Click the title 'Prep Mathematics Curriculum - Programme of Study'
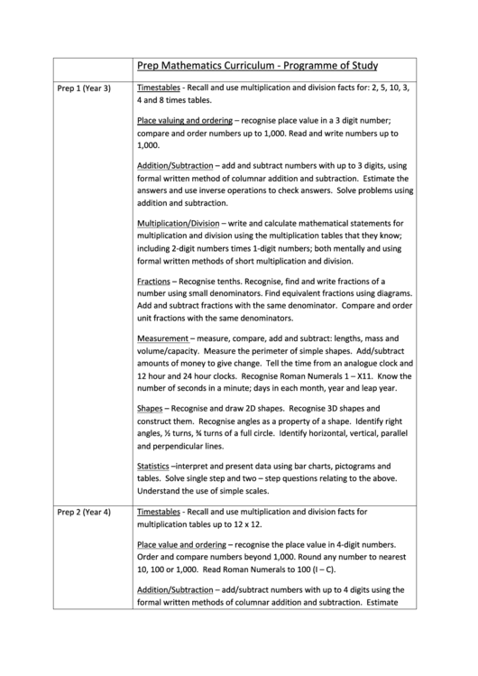tap(256, 66)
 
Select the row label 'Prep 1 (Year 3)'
tap(84, 88)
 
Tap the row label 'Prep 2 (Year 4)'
tap(84, 513)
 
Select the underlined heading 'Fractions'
tap(153, 282)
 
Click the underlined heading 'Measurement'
tap(168, 338)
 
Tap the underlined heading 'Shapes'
tap(151, 408)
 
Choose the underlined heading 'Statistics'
tap(153, 464)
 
